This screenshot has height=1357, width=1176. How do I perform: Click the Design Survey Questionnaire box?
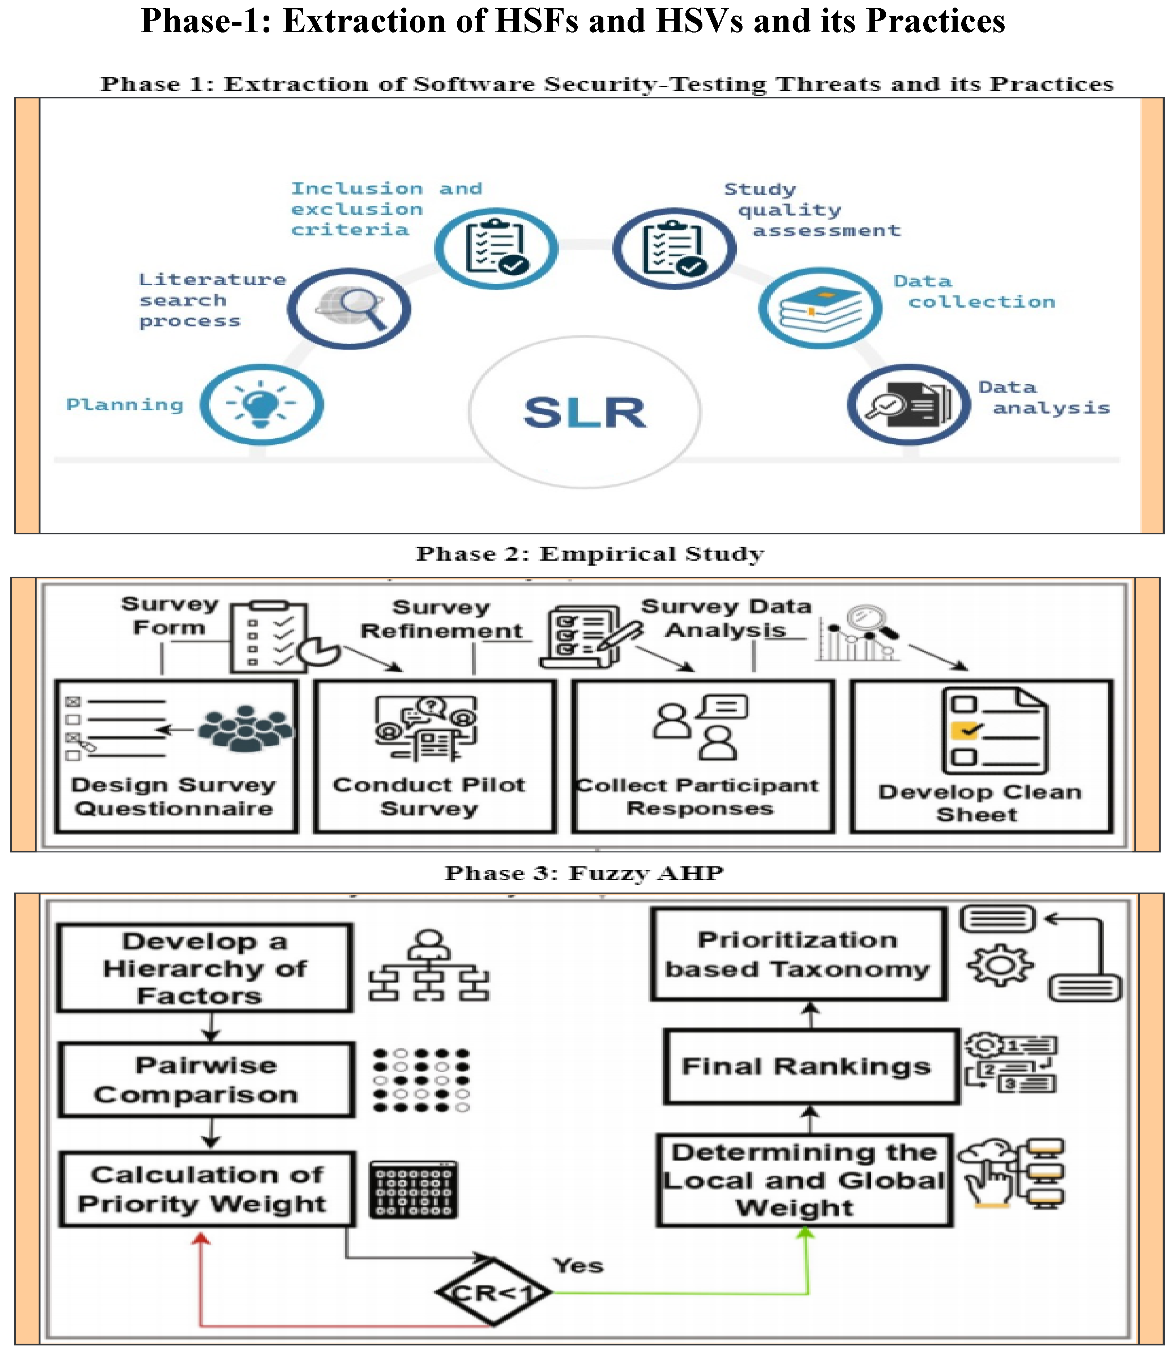point(176,756)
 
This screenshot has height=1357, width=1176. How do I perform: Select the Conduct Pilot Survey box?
point(435,756)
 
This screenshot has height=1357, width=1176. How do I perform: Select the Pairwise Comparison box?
point(206,1079)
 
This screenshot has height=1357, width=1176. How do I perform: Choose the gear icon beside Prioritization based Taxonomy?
point(1000,964)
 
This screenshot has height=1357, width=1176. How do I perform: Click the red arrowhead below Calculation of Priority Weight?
point(201,1238)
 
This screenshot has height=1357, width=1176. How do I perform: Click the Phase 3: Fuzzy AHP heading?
point(584,873)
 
